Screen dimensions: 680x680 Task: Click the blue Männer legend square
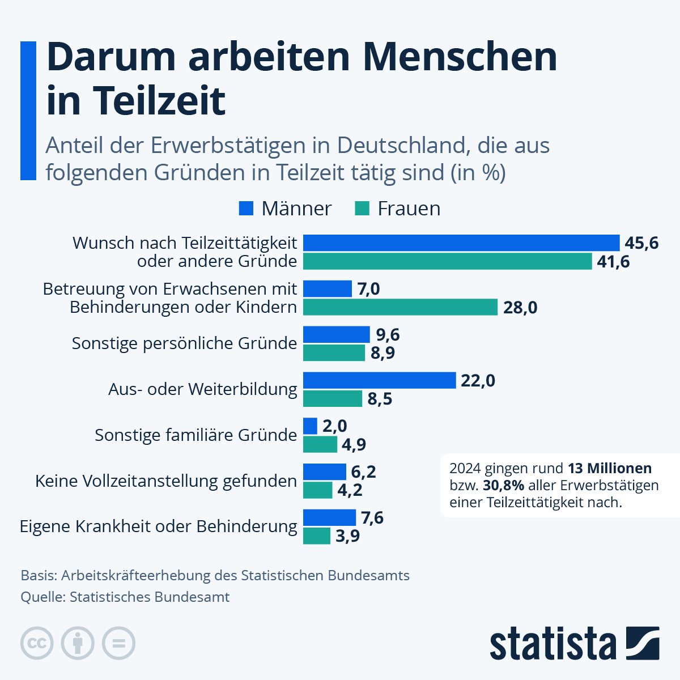[x=246, y=209]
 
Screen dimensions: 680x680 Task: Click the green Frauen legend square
[x=362, y=209]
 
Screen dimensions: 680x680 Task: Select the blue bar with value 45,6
[x=461, y=243]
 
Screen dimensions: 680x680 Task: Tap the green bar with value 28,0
[x=400, y=307]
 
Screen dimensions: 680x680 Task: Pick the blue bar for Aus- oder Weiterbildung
[x=379, y=380]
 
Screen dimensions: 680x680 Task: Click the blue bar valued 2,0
[x=310, y=426]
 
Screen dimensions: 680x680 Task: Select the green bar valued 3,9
[x=317, y=535]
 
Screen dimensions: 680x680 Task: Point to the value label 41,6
[x=613, y=262]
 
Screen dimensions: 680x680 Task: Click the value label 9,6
[x=388, y=335]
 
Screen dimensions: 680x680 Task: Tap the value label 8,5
[x=380, y=399]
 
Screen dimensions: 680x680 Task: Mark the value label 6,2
[x=363, y=472]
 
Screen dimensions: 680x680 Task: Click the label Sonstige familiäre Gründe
[x=195, y=435]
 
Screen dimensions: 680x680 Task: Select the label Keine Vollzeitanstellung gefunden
[x=166, y=481]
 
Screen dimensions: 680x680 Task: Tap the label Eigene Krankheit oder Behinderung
[x=159, y=526]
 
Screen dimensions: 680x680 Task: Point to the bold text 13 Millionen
[x=609, y=469]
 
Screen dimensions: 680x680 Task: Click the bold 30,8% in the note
[x=503, y=486]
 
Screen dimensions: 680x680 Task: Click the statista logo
[x=573, y=644]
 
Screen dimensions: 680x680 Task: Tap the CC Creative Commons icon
[x=37, y=644]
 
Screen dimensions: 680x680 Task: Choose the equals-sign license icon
[x=118, y=644]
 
